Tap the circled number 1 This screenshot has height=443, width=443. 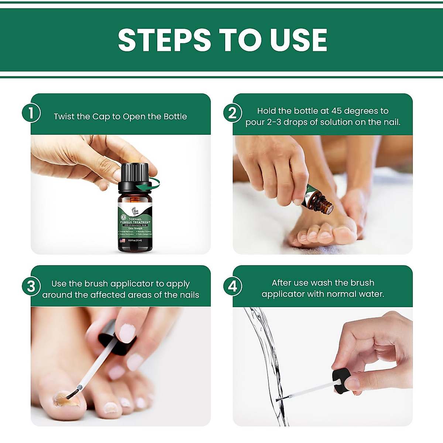click(31, 113)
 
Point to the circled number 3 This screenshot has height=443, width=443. click(31, 286)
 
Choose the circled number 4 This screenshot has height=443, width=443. click(233, 286)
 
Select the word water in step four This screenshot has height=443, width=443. click(373, 294)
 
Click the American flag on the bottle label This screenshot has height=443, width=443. click(122, 240)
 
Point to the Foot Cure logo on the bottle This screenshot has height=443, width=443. click(135, 212)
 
